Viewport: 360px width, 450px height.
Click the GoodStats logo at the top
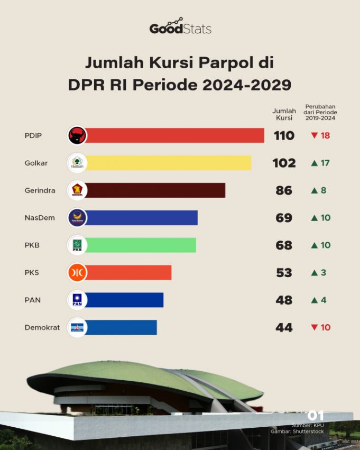[x=180, y=27]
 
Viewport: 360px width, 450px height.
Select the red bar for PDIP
[x=174, y=135]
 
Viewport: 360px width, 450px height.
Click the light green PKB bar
[x=141, y=245]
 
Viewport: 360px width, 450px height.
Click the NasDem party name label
[x=40, y=218]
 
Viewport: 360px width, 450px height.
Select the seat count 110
[x=284, y=136]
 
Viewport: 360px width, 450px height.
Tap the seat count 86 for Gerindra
[x=284, y=190]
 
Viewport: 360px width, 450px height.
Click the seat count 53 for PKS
[x=284, y=273]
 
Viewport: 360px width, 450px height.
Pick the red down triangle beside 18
[x=314, y=135]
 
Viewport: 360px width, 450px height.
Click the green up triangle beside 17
[x=314, y=163]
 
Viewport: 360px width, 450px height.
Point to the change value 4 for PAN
[x=324, y=300]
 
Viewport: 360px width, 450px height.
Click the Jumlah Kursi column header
[x=284, y=114]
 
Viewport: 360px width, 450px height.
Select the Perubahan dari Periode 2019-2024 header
[x=320, y=112]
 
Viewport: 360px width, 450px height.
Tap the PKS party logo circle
[x=77, y=273]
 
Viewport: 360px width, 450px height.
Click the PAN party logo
[x=77, y=300]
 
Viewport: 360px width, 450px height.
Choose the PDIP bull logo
[x=77, y=135]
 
